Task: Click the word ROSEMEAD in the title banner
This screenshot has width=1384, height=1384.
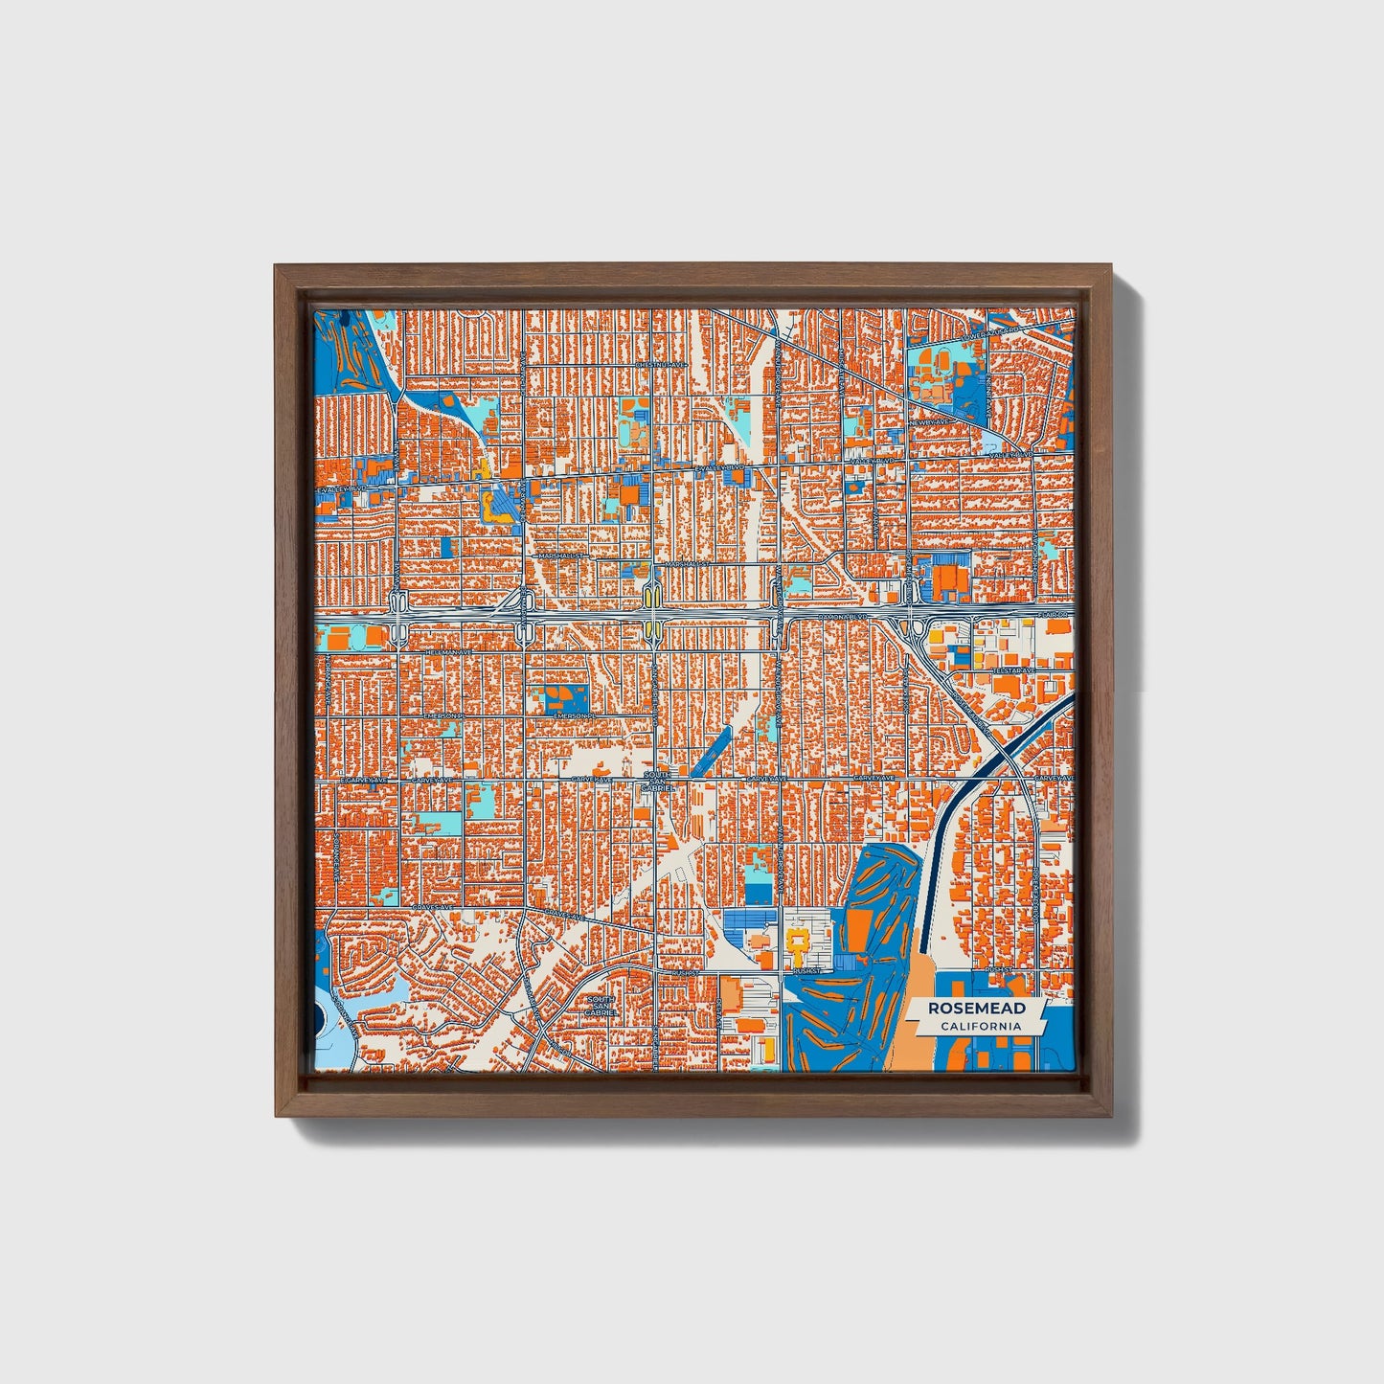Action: pyautogui.click(x=977, y=1009)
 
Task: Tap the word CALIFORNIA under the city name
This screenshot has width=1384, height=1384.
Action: pyautogui.click(x=980, y=1027)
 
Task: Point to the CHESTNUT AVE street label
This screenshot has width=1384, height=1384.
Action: pyautogui.click(x=662, y=365)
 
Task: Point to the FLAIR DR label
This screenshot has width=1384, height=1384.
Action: pyautogui.click(x=1054, y=614)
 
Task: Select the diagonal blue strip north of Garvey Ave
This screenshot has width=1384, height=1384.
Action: pyautogui.click(x=710, y=750)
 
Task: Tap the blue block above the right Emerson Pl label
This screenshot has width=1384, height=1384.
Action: pyautogui.click(x=554, y=699)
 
